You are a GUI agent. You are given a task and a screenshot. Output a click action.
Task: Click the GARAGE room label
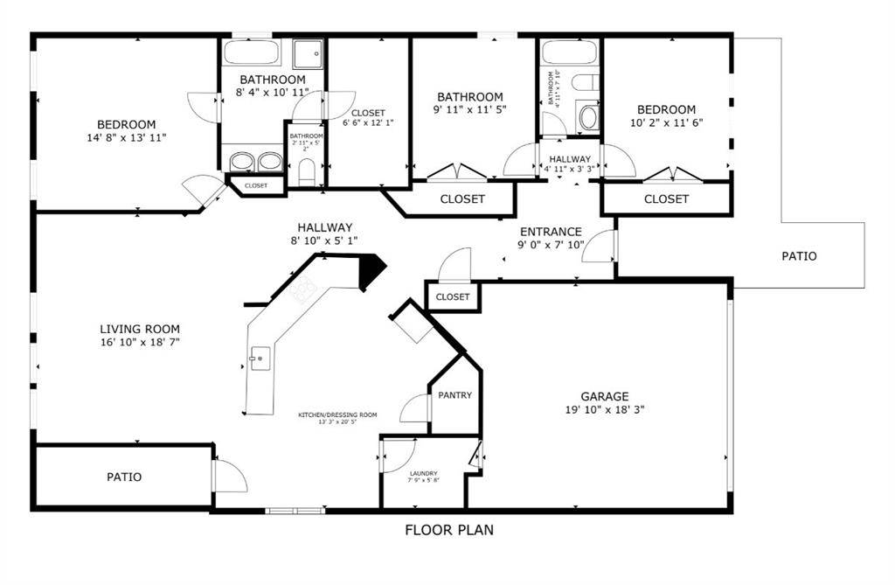pyautogui.click(x=605, y=396)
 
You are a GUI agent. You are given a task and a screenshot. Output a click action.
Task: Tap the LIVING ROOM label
pyautogui.click(x=140, y=329)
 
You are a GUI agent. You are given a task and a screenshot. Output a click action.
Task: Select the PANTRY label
pyautogui.click(x=454, y=395)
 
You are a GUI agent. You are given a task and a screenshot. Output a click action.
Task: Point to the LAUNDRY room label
pyautogui.click(x=423, y=472)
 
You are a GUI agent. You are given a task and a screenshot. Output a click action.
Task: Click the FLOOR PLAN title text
pyautogui.click(x=449, y=529)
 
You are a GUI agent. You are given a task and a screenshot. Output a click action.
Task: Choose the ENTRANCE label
pyautogui.click(x=551, y=232)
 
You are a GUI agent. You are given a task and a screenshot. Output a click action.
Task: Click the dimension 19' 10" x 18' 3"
pyautogui.click(x=605, y=409)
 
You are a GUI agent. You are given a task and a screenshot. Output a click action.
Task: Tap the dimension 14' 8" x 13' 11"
pyautogui.click(x=126, y=138)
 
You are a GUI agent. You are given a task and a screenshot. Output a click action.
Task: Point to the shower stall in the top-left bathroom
pyautogui.click(x=307, y=54)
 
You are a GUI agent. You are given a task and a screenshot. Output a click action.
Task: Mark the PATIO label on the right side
pyautogui.click(x=799, y=256)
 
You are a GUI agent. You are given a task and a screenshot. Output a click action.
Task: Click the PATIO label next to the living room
pyautogui.click(x=124, y=477)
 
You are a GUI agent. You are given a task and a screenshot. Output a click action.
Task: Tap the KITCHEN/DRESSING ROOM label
pyautogui.click(x=337, y=414)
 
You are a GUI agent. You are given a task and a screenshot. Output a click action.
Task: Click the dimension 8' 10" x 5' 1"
pyautogui.click(x=323, y=240)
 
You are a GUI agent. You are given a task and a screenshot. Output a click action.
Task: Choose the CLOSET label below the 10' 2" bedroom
pyautogui.click(x=666, y=199)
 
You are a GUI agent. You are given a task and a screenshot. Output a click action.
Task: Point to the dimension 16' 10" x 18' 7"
pyautogui.click(x=140, y=342)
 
